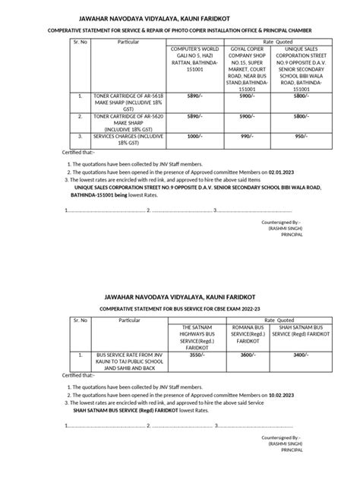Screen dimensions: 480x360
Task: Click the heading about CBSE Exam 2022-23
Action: (x=179, y=308)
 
